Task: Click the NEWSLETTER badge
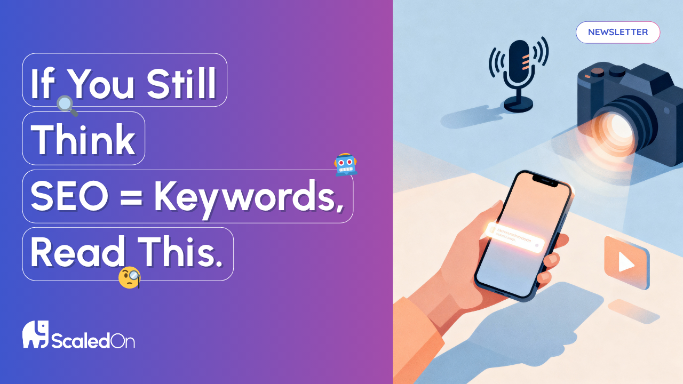click(618, 32)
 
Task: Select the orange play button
click(625, 262)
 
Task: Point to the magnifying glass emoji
click(67, 105)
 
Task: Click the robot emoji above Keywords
click(345, 165)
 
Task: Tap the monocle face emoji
click(130, 277)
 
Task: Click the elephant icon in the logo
click(35, 334)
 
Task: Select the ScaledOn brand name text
click(93, 340)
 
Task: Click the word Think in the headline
click(83, 139)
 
